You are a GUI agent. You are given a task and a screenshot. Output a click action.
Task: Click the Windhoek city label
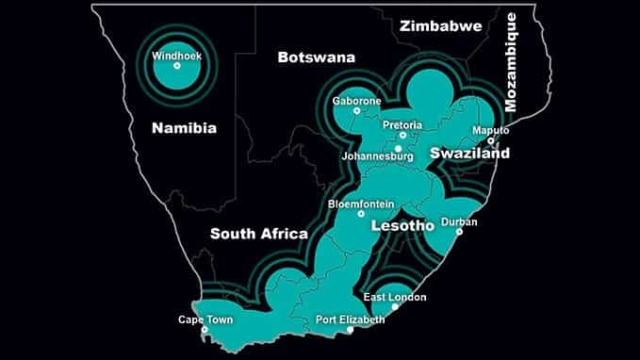click(x=176, y=56)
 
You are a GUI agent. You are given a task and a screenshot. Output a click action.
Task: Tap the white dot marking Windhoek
click(x=176, y=65)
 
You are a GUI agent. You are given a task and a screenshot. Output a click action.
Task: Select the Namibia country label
click(x=184, y=128)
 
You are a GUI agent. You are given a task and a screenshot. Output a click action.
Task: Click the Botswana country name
click(x=316, y=57)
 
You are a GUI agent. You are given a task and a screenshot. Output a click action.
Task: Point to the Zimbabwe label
click(x=440, y=25)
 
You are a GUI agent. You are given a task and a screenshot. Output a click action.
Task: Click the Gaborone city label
click(x=356, y=100)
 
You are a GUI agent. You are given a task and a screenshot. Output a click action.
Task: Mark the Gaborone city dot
click(x=356, y=110)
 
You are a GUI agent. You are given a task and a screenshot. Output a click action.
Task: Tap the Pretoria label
click(x=402, y=124)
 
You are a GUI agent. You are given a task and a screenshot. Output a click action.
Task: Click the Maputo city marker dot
click(x=490, y=141)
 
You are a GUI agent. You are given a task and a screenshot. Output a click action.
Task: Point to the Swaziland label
click(x=469, y=153)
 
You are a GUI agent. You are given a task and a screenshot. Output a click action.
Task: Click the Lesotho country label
click(x=402, y=227)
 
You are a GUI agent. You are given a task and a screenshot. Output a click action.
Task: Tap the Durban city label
click(x=466, y=222)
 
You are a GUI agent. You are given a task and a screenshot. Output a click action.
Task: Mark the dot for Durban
click(x=459, y=232)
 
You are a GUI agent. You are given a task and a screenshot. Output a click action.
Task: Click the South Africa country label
click(x=259, y=234)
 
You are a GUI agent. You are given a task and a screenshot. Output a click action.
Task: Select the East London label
click(x=394, y=298)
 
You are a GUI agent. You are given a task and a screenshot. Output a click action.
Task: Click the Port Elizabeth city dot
click(x=350, y=330)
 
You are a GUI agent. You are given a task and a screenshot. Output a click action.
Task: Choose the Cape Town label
click(x=204, y=319)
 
